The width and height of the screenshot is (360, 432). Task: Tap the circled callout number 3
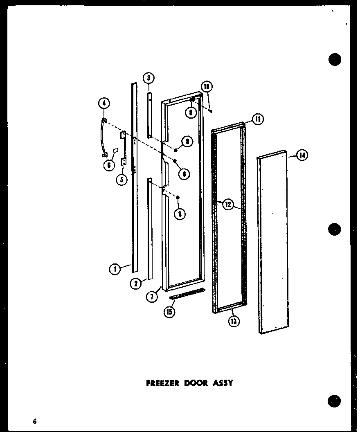coord(148,78)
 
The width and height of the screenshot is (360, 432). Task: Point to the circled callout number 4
coord(103,104)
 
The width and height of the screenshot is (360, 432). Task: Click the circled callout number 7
coord(152,297)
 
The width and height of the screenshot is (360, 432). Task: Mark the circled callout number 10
coord(207,87)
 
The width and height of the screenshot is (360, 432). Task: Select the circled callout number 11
coord(258,119)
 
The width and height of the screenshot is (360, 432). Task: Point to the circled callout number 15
coord(169,312)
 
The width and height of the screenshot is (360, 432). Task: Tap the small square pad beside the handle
coord(115,150)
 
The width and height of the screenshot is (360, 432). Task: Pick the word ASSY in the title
coord(223,383)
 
